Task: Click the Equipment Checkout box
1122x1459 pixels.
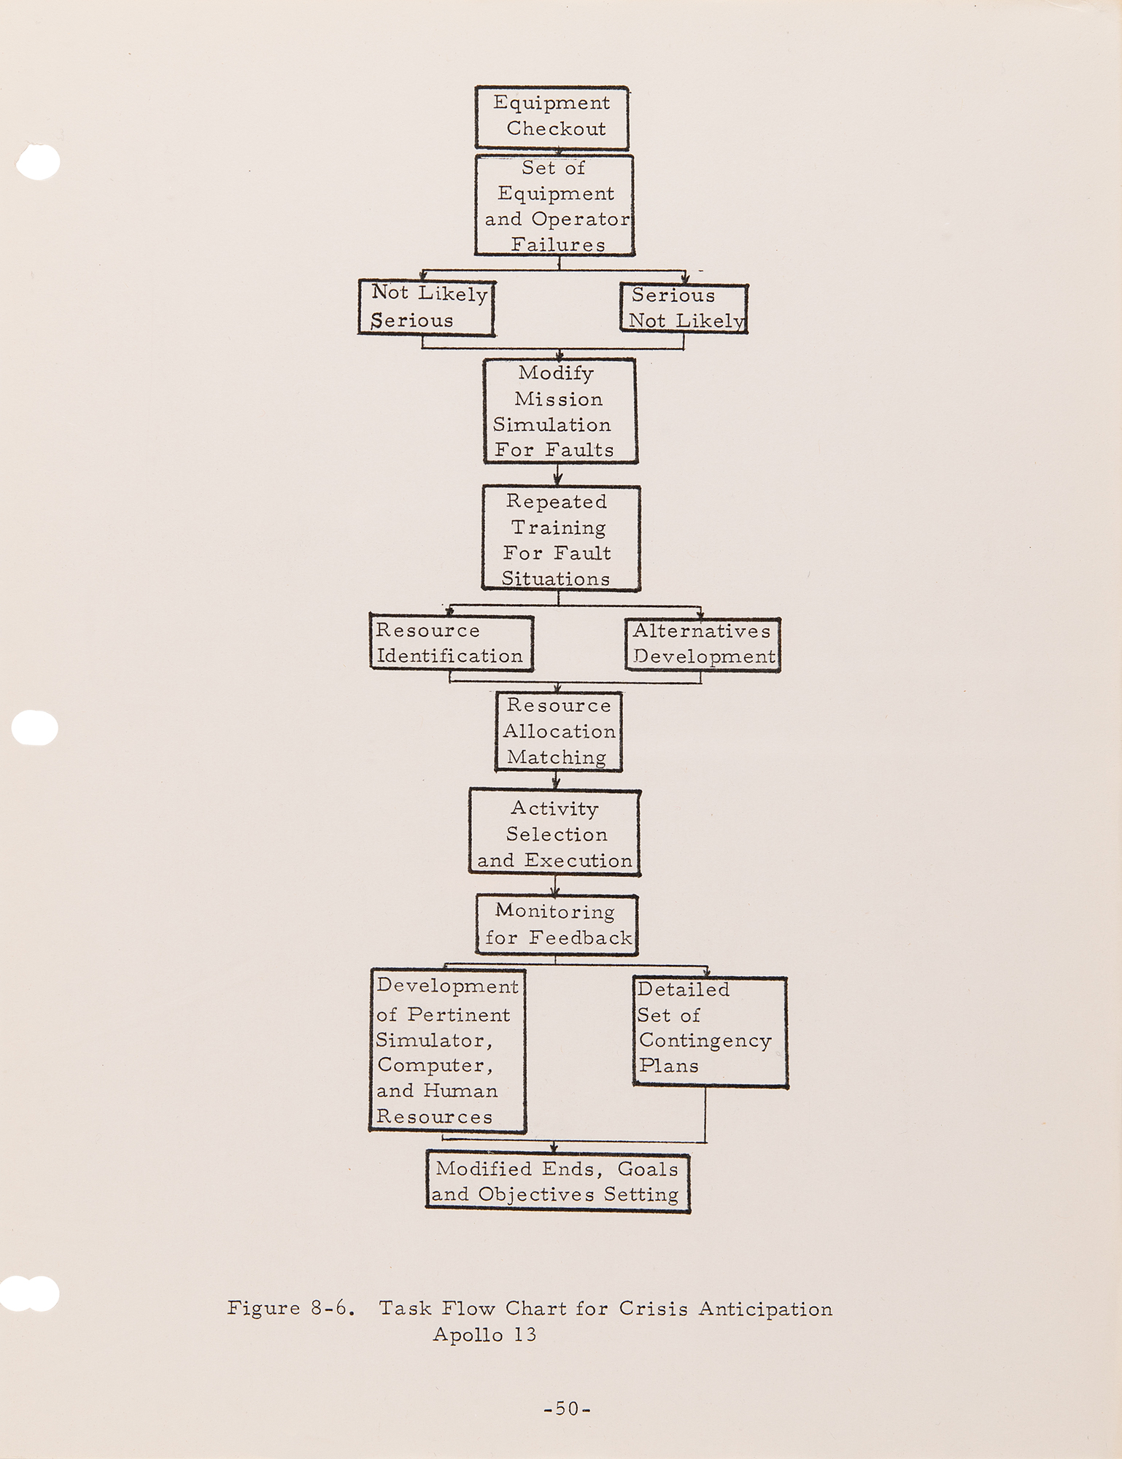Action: click(x=552, y=117)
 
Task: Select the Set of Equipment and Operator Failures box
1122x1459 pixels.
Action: click(x=554, y=205)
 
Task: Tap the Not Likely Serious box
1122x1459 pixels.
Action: click(x=426, y=307)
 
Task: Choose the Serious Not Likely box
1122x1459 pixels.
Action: click(x=684, y=308)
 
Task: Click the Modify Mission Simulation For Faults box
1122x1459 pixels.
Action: click(x=560, y=411)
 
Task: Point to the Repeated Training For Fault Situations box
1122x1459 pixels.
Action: click(x=560, y=538)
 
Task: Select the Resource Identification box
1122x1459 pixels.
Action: click(x=450, y=643)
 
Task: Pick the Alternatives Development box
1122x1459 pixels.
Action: click(x=702, y=643)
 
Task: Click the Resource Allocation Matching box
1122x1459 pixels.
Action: click(x=558, y=731)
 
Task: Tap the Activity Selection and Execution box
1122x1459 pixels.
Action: click(x=554, y=833)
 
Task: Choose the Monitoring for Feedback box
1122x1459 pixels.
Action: click(x=557, y=924)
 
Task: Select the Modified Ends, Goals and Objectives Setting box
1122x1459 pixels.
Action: click(x=557, y=1181)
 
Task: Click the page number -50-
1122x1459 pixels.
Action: click(x=567, y=1408)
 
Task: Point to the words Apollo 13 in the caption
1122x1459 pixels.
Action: click(x=484, y=1334)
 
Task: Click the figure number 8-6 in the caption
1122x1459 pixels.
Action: click(x=333, y=1308)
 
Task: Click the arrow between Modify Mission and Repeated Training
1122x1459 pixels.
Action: click(x=558, y=475)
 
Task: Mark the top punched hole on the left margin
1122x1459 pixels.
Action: click(x=36, y=161)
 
